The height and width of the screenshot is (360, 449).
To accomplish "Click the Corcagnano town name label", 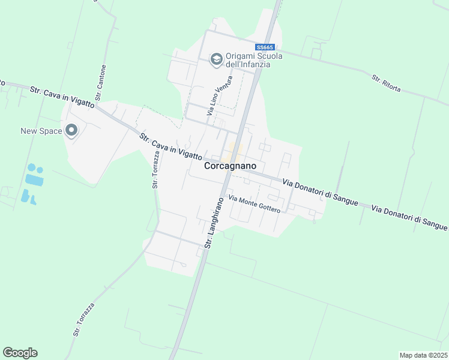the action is (231, 166).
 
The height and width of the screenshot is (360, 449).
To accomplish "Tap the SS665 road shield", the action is (265, 47).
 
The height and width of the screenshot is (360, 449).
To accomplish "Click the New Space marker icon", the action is (71, 130).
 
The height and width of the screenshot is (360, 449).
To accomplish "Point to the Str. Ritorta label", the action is (385, 81).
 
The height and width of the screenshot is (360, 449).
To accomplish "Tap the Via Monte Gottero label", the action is (255, 205).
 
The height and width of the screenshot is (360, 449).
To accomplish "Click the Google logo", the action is (20, 353).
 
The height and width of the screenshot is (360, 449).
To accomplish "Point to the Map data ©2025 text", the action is (424, 355).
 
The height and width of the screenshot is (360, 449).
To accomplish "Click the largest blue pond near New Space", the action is (34, 179).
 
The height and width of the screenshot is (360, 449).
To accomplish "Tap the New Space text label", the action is (41, 131).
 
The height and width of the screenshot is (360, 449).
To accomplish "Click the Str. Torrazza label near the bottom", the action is (84, 319).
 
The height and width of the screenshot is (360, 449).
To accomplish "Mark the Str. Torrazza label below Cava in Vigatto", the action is (155, 170).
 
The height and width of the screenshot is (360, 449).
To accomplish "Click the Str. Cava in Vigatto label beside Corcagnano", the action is (170, 146).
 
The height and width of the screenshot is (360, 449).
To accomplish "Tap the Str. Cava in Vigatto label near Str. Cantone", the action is (62, 97).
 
